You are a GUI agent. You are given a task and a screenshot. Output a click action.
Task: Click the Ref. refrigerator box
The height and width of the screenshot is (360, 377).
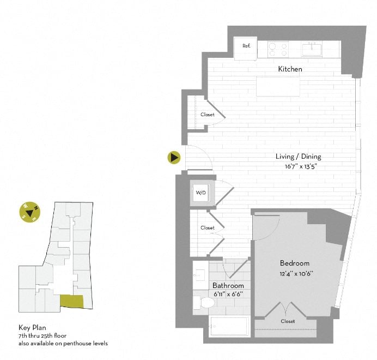[246, 46]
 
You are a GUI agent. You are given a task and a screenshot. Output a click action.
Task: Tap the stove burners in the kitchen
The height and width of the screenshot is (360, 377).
[277, 49]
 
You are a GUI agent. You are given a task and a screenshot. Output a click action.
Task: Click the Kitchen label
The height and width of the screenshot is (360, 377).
[290, 69]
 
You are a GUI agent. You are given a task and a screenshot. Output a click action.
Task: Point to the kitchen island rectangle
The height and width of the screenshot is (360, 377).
[278, 86]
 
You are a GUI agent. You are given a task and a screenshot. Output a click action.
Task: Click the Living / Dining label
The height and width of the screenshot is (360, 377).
[298, 157]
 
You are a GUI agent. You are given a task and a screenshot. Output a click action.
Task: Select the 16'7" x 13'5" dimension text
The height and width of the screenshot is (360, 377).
[298, 166]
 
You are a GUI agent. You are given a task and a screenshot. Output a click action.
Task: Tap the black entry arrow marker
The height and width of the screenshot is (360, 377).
[174, 158]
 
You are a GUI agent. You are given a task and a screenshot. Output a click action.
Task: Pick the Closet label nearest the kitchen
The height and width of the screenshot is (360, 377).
[207, 115]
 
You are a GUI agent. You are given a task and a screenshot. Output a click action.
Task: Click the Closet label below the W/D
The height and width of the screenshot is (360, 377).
[207, 227]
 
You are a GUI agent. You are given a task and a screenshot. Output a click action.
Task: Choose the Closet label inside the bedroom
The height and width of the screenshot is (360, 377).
[288, 321]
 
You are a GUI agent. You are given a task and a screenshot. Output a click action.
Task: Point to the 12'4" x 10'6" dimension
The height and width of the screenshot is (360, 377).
[296, 273]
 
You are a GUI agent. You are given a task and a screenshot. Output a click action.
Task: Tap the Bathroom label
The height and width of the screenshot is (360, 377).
[228, 285]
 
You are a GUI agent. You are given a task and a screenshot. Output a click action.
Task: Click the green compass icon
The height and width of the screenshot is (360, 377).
[29, 212]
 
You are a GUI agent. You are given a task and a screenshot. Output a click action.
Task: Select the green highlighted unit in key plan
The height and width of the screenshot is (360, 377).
[72, 301]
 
